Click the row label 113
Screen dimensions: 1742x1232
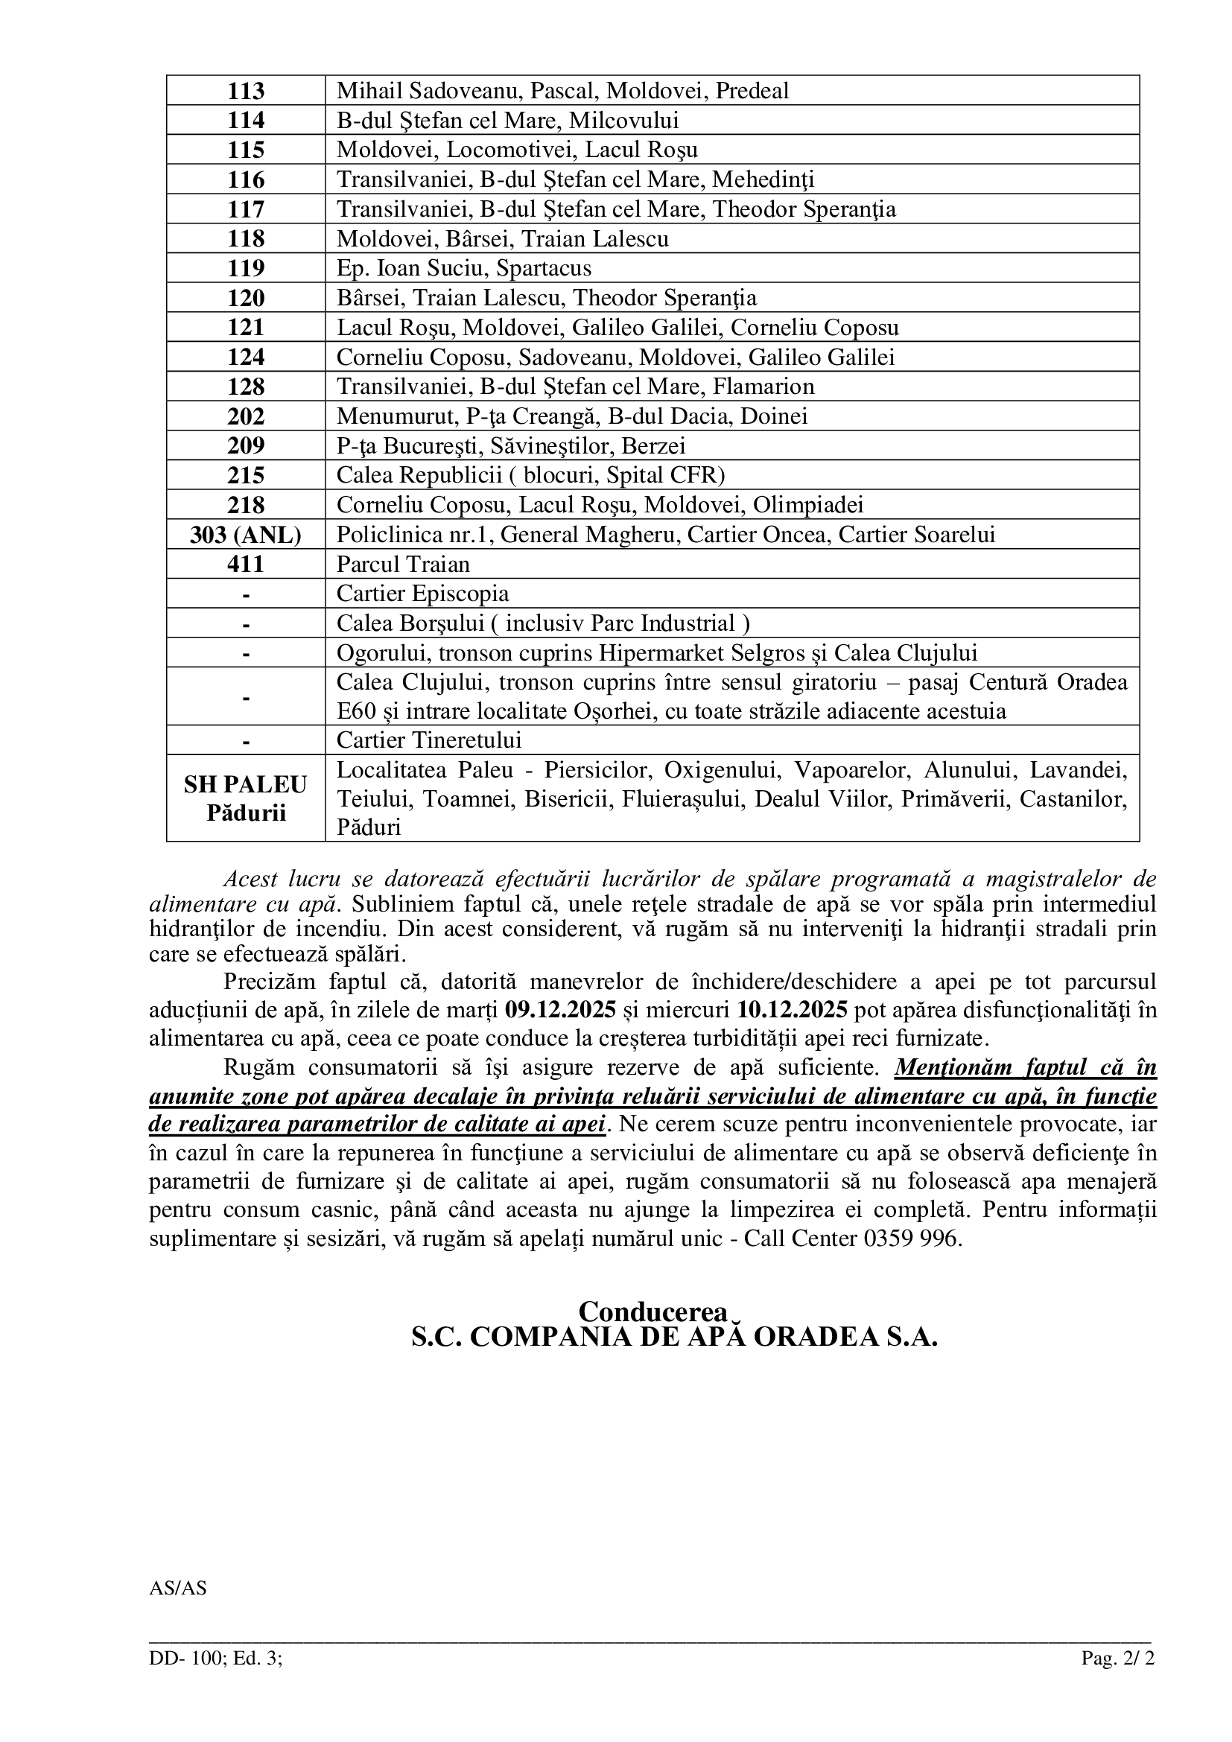246,91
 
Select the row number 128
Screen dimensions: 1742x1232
246,387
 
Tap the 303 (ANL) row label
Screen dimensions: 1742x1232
246,535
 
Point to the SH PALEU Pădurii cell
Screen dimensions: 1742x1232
246,798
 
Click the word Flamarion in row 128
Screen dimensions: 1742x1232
763,387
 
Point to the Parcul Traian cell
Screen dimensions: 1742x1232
404,565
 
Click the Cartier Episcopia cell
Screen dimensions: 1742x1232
423,594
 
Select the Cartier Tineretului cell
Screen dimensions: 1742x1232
429,740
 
